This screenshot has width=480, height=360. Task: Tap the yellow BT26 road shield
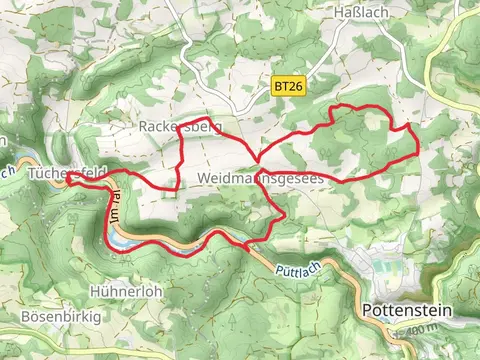click(288, 87)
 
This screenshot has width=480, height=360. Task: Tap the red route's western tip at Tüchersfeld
click(68, 179)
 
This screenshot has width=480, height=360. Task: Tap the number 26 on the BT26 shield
click(294, 87)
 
